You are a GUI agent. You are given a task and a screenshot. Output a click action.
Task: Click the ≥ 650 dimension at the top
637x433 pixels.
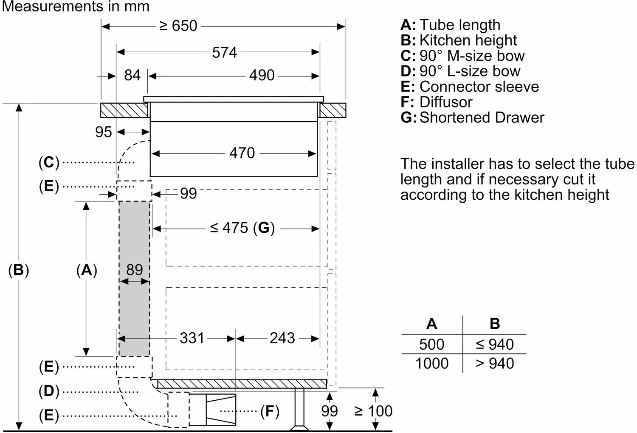tap(178, 26)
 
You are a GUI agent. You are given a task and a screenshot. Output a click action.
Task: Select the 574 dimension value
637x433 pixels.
tap(224, 52)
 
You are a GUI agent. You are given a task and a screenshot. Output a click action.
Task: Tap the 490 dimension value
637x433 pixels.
tap(262, 75)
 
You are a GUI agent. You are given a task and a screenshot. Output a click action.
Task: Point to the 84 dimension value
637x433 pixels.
tap(132, 75)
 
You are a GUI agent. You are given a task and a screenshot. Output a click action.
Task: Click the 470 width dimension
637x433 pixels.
tap(242, 153)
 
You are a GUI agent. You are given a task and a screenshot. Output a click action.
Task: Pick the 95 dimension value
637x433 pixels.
tap(103, 132)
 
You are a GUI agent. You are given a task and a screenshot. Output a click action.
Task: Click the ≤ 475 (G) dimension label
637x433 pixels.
tap(242, 228)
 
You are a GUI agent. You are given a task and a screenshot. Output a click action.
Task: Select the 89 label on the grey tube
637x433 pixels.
tap(134, 270)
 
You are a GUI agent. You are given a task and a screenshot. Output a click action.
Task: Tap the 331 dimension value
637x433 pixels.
tap(192, 338)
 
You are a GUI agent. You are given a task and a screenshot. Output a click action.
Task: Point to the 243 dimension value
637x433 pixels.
tap(282, 338)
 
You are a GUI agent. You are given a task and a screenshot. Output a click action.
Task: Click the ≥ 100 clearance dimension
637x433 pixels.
tap(373, 411)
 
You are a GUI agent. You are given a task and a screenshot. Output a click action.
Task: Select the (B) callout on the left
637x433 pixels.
tap(19, 270)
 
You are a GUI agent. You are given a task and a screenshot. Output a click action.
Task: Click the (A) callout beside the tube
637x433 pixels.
tap(87, 270)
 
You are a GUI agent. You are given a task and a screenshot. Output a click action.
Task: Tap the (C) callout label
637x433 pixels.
tap(49, 162)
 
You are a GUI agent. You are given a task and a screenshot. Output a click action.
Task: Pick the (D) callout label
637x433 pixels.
tap(49, 391)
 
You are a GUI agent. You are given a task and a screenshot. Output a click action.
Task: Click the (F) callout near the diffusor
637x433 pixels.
tap(270, 411)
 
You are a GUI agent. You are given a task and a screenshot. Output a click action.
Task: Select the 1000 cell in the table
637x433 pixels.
tap(431, 363)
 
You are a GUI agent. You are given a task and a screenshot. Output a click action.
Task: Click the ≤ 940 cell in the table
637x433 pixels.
tap(495, 344)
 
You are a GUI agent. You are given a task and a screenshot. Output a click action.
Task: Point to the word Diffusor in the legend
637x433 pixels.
tap(446, 102)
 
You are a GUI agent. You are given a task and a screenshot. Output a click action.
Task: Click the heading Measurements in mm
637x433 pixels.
tap(76, 6)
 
